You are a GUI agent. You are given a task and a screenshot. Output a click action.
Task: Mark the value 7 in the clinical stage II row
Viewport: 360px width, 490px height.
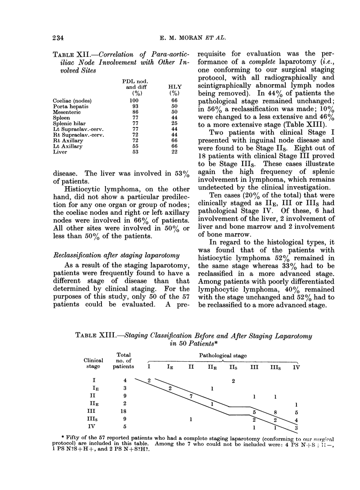coord(191,396)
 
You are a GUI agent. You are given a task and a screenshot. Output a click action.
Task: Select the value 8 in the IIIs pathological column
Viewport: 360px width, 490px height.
coord(276,411)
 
